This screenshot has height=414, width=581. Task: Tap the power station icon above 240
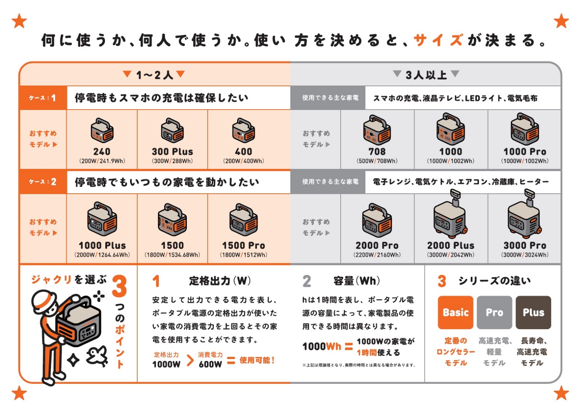[102, 131]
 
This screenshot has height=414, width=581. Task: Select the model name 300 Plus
[172, 151]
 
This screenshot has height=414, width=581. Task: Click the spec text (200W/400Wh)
[243, 161]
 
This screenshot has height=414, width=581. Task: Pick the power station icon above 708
[377, 130]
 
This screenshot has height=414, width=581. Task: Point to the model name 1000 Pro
[525, 151]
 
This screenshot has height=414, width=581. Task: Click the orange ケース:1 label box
[43, 98]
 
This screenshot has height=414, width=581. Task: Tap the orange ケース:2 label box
[43, 182]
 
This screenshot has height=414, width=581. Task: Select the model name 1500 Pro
[243, 245]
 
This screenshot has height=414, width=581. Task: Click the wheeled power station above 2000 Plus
[450, 217]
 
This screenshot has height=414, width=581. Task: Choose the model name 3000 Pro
[525, 245]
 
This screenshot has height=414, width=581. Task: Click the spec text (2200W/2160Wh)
[377, 255]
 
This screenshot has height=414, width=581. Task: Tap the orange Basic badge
[455, 312]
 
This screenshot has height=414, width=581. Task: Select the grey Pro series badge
[494, 312]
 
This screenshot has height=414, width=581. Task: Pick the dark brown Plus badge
[533, 312]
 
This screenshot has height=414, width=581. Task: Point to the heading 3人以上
[426, 75]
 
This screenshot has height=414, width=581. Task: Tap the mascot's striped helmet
[44, 301]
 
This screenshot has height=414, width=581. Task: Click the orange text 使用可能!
[257, 360]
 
